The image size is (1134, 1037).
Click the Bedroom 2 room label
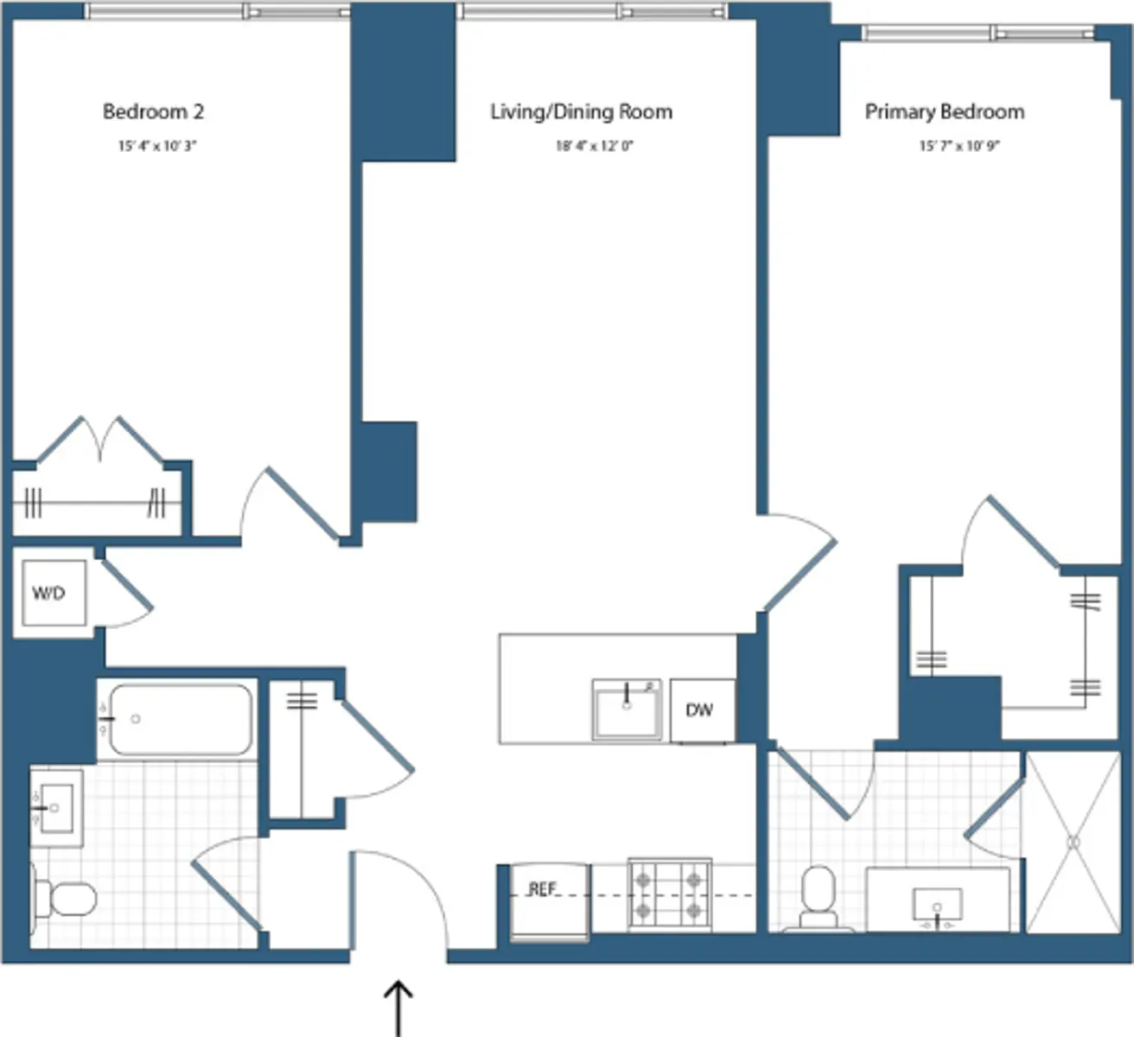153,111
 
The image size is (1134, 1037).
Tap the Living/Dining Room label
581,111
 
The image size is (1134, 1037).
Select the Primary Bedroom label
945,111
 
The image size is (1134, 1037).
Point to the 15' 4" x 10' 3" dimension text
156,146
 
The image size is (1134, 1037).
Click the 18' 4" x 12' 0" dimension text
594,146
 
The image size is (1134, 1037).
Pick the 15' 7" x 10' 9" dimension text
959,146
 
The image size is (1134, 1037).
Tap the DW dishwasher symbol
701,710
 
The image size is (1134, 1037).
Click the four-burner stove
669,895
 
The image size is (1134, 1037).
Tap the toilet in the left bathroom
65,900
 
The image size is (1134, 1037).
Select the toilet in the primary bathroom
818,899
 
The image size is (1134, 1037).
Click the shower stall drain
1073,842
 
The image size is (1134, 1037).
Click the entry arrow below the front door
398,1006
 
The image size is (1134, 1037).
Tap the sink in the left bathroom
55,808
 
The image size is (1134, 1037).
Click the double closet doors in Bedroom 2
100,440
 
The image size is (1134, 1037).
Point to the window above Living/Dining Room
592,11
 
